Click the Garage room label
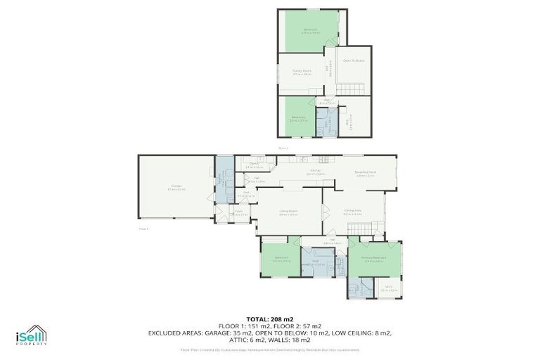(176, 186)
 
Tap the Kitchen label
(314, 171)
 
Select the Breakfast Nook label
(366, 172)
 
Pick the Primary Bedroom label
(373, 257)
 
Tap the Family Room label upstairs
(302, 70)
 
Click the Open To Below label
(354, 61)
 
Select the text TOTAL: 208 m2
(269, 319)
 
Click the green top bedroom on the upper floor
(310, 30)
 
